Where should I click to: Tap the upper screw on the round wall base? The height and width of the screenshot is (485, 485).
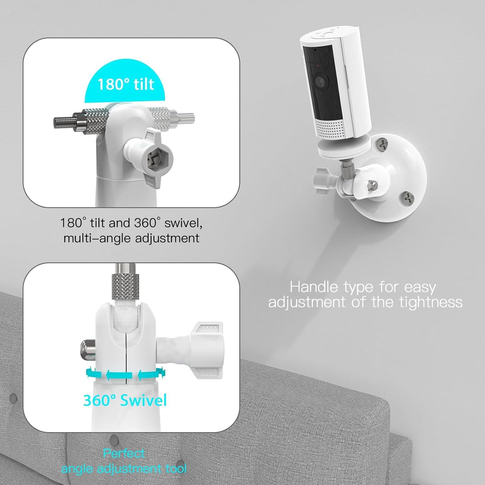[x=383, y=144]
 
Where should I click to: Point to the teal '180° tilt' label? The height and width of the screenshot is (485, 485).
[x=126, y=84]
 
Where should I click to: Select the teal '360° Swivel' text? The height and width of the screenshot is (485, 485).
[x=125, y=400]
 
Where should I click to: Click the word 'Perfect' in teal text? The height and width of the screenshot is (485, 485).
[x=124, y=454]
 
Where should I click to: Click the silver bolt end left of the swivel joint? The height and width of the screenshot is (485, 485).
[x=86, y=347]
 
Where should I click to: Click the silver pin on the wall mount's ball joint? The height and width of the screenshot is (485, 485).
[x=373, y=185]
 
